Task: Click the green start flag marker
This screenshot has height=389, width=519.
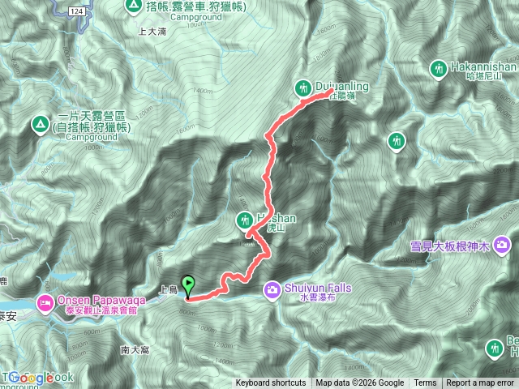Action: [190, 285]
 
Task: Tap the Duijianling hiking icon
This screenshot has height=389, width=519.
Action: [304, 87]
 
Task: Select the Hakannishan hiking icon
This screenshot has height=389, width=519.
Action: [438, 69]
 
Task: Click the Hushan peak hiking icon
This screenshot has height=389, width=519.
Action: [245, 219]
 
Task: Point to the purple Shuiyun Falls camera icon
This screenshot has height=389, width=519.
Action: [272, 288]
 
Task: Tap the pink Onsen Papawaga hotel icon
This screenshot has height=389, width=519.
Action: [45, 302]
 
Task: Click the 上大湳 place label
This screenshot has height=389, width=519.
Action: [152, 32]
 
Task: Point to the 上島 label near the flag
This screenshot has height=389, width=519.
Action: [167, 289]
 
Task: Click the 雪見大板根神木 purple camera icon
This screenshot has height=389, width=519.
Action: [503, 243]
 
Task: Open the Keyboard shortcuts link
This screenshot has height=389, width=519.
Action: [271, 383]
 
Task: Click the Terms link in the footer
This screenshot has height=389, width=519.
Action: [425, 383]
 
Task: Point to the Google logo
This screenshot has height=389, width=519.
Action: [32, 378]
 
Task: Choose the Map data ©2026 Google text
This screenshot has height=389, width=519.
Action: [360, 383]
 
